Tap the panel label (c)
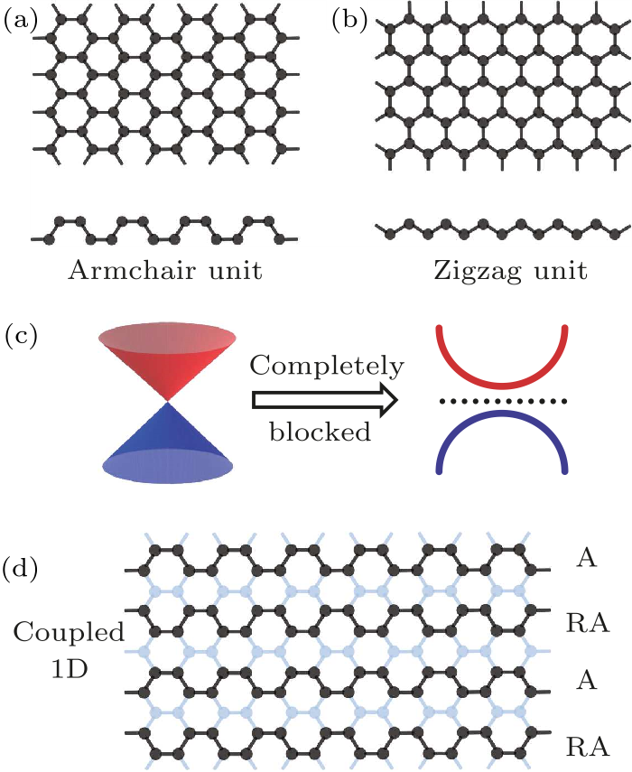point(20,337)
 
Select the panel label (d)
point(20,571)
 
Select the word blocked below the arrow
point(321,432)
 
